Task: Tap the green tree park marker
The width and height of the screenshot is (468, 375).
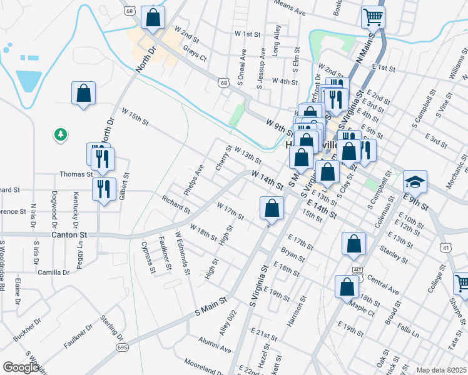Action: click(x=60, y=134)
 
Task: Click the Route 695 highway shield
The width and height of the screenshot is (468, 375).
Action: click(x=120, y=347)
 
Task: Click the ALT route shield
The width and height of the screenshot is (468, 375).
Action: click(x=357, y=269)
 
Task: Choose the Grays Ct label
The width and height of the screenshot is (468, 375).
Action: click(x=195, y=56)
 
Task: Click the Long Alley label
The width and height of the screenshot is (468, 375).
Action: click(x=277, y=41)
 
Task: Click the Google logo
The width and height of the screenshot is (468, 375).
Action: click(x=21, y=367)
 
